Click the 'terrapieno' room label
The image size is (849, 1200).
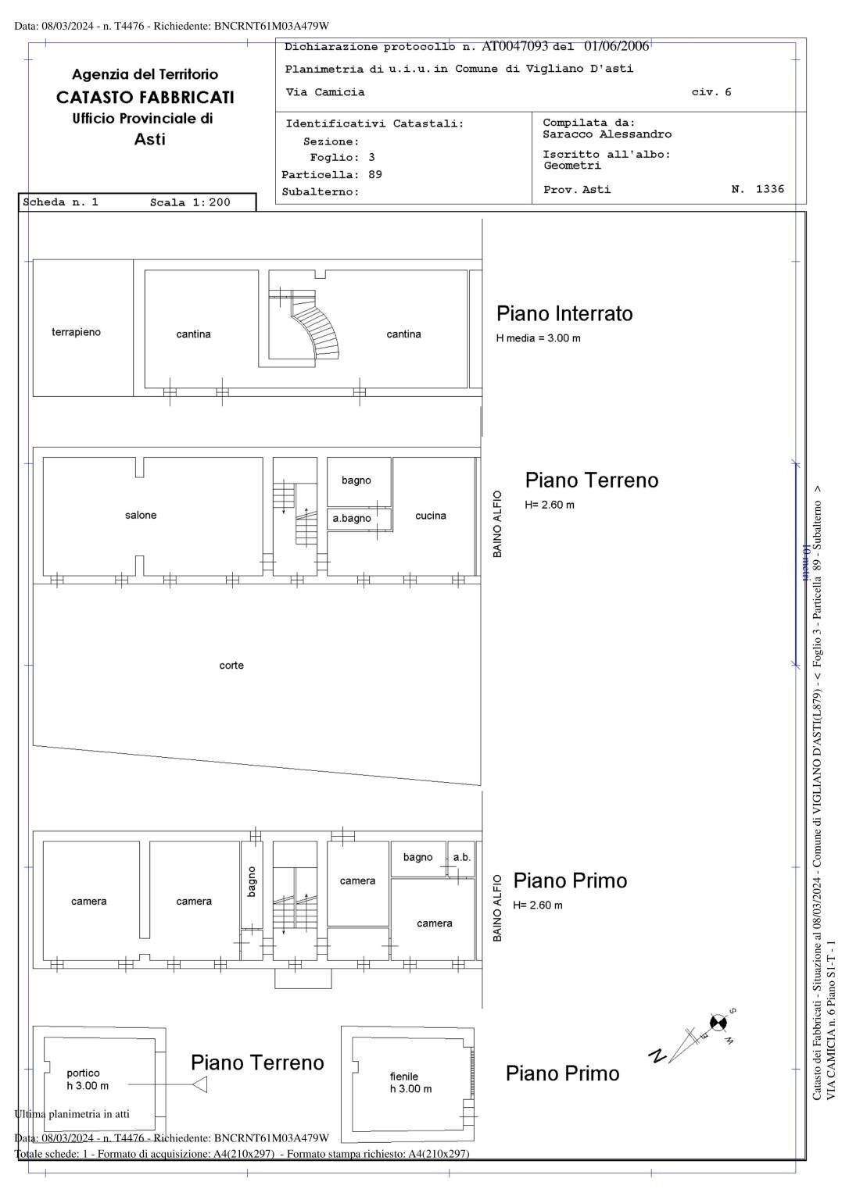click(x=76, y=332)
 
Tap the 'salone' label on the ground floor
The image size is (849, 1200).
click(x=141, y=515)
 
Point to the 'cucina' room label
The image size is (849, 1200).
click(x=431, y=516)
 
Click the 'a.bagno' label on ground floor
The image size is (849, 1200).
click(x=352, y=518)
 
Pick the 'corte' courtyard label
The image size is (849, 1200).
click(x=231, y=666)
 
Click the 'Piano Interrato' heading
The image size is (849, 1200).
click(x=564, y=314)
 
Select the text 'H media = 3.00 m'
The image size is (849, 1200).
click(x=538, y=338)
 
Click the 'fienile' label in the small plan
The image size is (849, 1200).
click(x=404, y=1076)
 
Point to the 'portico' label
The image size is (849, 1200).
click(x=83, y=1073)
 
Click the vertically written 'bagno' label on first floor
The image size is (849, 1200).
click(x=252, y=881)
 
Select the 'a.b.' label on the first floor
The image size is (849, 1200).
click(x=462, y=857)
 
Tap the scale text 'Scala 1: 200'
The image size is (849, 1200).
click(x=190, y=202)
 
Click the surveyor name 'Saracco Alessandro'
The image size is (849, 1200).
click(x=607, y=134)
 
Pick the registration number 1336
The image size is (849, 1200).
click(x=769, y=189)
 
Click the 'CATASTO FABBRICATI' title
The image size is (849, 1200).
click(x=145, y=98)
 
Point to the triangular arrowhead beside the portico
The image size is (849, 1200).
click(x=199, y=1084)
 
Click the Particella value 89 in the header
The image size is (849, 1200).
click(x=375, y=174)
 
